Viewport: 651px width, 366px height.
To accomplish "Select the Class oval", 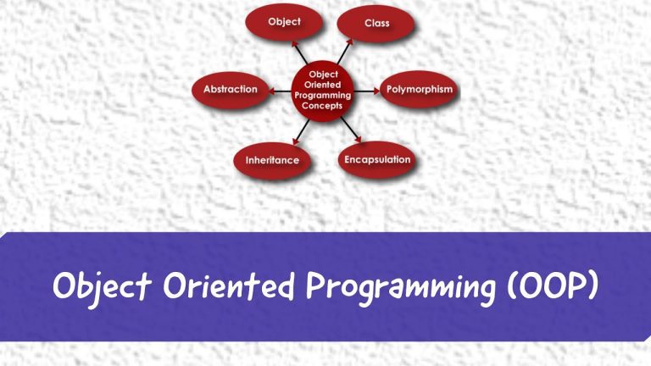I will click(x=376, y=23).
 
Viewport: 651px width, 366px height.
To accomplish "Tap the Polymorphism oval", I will click(x=419, y=89).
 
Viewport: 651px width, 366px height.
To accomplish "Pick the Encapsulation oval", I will click(x=376, y=159).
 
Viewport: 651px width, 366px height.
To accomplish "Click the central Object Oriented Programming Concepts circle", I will click(x=322, y=89).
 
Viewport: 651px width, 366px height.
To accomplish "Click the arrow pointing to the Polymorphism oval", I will click(x=366, y=89).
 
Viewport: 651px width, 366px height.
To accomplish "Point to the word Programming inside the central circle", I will click(x=322, y=95).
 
